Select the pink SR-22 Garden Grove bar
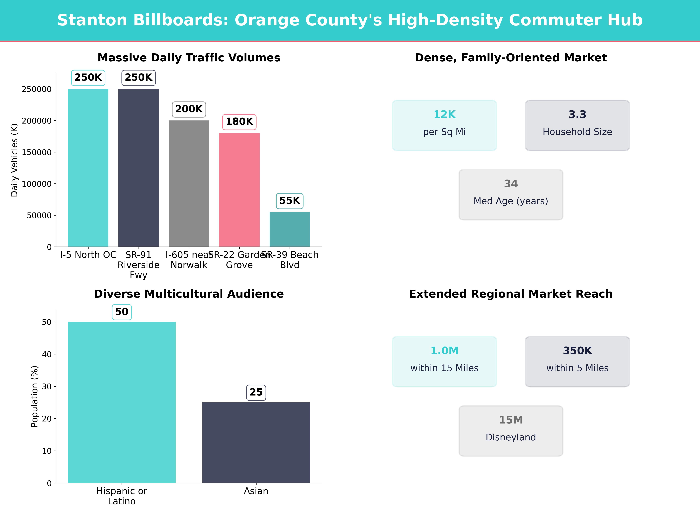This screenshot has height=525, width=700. [x=239, y=190]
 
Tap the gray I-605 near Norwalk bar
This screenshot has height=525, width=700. [x=189, y=184]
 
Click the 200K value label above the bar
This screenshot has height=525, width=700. [x=189, y=109]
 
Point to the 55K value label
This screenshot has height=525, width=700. [x=290, y=201]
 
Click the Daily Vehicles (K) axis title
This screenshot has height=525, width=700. [x=14, y=160]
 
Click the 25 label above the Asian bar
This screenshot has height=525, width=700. [x=256, y=392]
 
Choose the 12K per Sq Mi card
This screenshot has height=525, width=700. [x=444, y=125]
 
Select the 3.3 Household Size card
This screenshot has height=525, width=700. [x=577, y=125]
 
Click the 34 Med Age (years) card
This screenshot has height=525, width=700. [x=511, y=195]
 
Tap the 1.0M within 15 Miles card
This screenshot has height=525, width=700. [x=444, y=361]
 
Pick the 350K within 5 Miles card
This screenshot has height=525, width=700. [x=577, y=361]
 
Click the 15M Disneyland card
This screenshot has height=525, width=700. [x=511, y=431]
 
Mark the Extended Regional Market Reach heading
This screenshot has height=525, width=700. [x=511, y=294]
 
